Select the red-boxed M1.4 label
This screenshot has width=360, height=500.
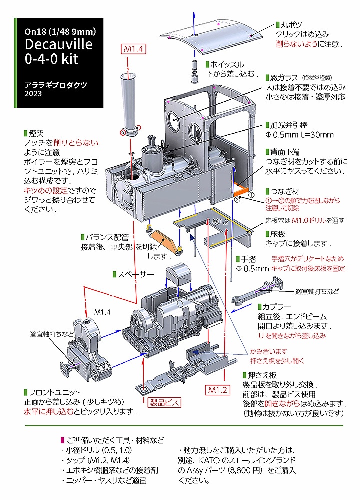pyautogui.click(x=133, y=49)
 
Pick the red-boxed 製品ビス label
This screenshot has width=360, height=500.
pyautogui.click(x=165, y=402)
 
